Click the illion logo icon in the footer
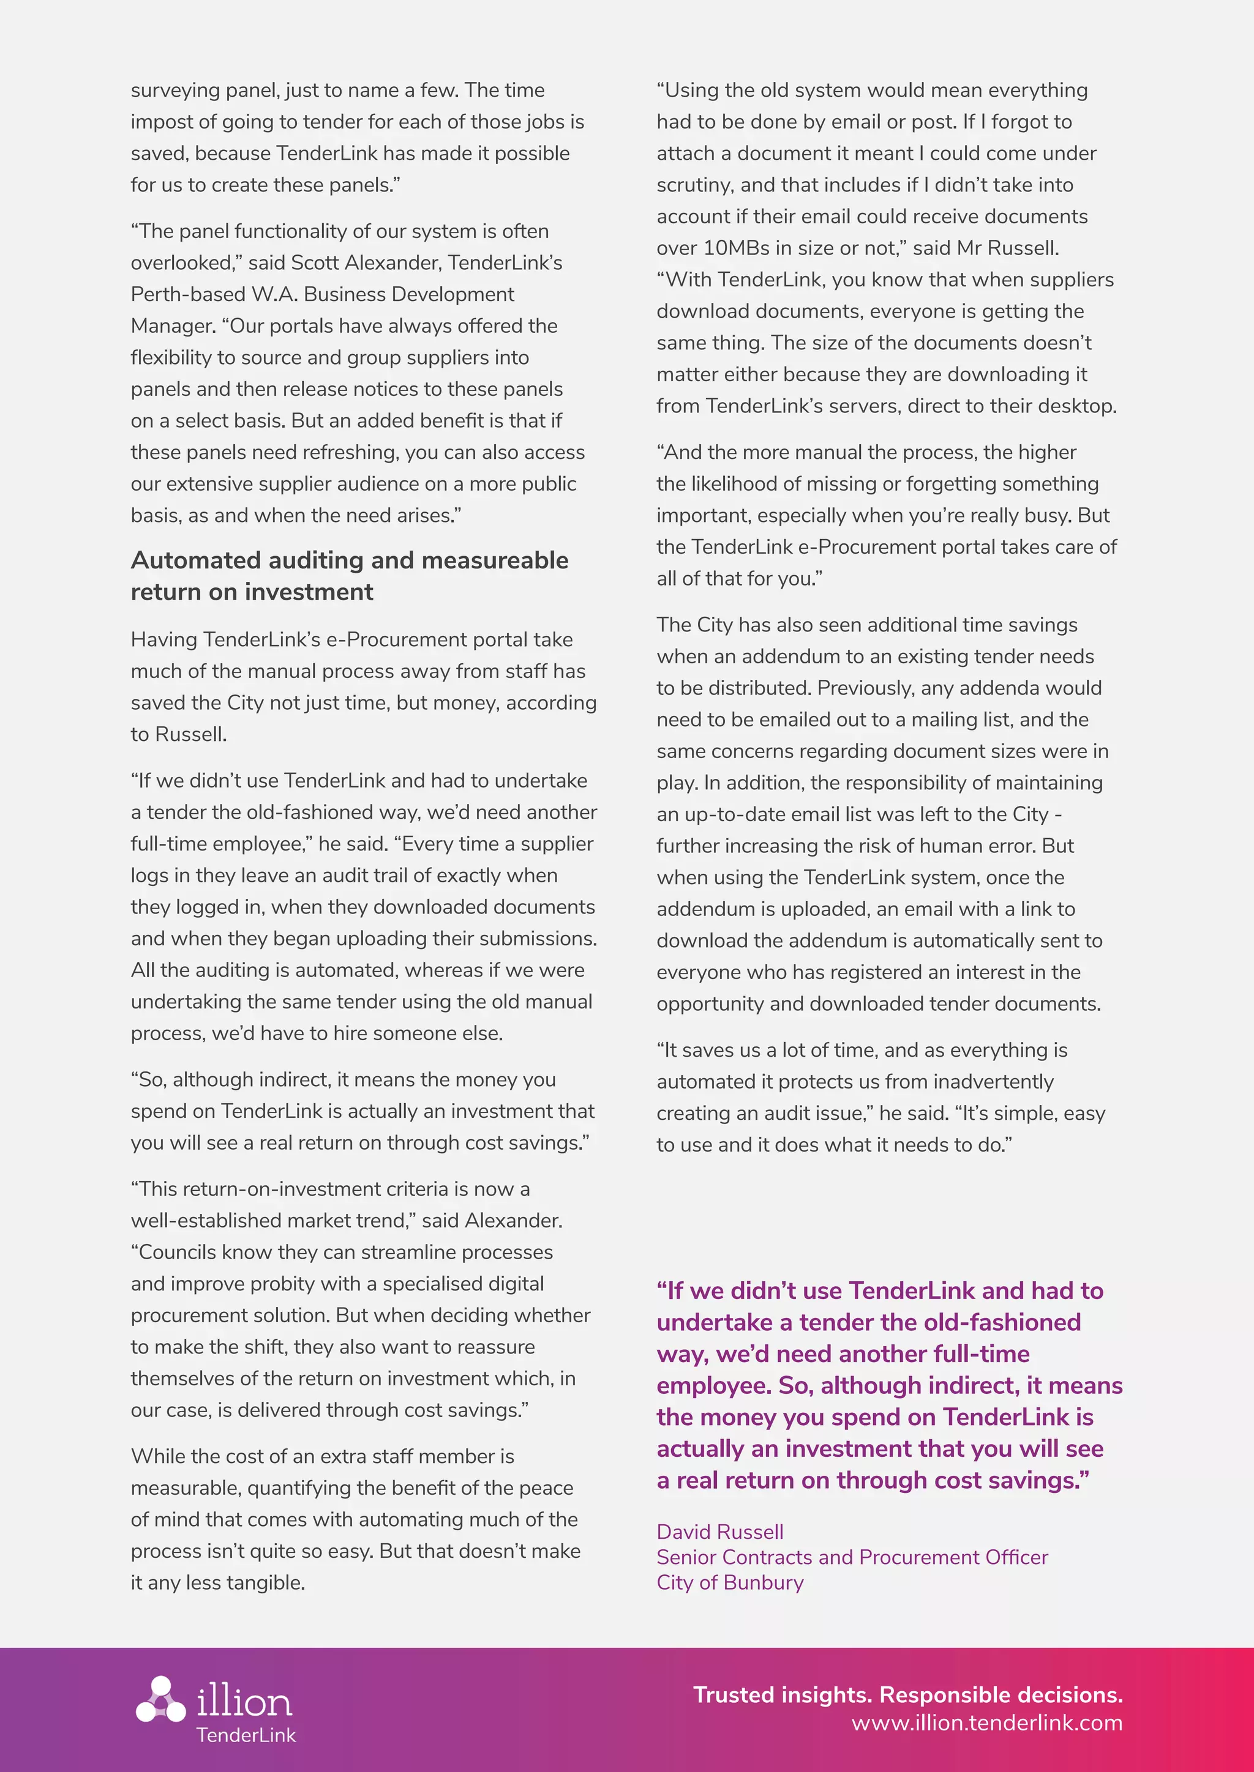(160, 1699)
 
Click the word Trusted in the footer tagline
(734, 1695)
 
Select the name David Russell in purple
(719, 1532)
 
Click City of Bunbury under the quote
(730, 1582)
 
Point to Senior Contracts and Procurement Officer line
(852, 1557)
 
